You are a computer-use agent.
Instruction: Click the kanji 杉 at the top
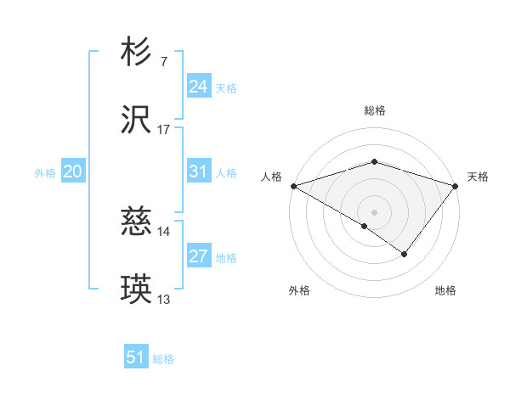tap(136, 53)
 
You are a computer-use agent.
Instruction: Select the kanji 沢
tap(136, 121)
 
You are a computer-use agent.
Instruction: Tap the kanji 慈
tap(136, 222)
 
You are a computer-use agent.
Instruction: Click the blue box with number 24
tap(198, 87)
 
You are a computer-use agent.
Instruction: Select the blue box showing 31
tap(198, 172)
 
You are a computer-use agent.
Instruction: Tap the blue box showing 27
tap(198, 257)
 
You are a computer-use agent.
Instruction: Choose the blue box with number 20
tap(72, 172)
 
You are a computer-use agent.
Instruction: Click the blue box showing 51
tap(136, 358)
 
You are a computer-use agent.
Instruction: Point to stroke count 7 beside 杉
tap(163, 61)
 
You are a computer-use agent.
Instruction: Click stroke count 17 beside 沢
tap(164, 130)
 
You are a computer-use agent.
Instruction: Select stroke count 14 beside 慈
tap(164, 231)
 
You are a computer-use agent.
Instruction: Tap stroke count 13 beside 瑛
tap(164, 300)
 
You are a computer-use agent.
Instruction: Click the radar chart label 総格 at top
tap(375, 110)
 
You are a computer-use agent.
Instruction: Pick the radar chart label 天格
tap(478, 177)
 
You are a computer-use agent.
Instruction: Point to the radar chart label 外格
tap(299, 291)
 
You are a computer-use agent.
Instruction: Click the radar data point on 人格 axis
tap(293, 186)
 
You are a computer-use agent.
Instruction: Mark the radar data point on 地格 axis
tap(405, 254)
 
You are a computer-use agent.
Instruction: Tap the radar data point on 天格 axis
tap(456, 186)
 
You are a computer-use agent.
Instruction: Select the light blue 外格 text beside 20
tap(45, 173)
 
